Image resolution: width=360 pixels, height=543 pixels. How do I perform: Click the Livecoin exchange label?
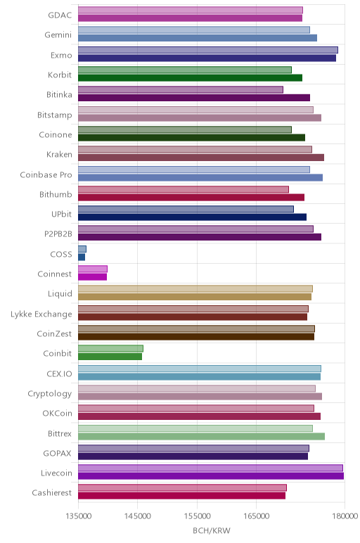click(x=56, y=473)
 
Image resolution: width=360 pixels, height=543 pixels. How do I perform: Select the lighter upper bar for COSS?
click(x=82, y=249)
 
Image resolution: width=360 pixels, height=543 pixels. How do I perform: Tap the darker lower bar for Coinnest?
click(x=92, y=276)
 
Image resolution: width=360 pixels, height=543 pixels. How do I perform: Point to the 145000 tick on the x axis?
click(x=137, y=516)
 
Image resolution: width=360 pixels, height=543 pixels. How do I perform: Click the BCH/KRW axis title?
click(x=211, y=530)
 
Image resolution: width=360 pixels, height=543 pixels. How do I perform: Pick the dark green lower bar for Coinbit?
click(x=110, y=357)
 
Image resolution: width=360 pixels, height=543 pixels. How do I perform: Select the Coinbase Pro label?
click(x=46, y=174)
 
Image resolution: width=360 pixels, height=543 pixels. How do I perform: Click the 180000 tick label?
click(x=345, y=516)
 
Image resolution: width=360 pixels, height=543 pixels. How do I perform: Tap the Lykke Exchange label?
click(x=41, y=314)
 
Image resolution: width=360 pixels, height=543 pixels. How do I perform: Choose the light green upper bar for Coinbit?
click(x=111, y=348)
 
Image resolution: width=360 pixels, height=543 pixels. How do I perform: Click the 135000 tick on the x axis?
click(x=78, y=516)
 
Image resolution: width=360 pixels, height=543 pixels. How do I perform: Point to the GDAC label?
click(x=60, y=15)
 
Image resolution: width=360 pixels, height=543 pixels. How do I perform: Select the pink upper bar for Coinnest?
click(x=93, y=269)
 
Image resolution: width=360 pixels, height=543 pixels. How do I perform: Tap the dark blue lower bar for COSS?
click(x=82, y=257)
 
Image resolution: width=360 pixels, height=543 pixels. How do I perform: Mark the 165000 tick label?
click(x=257, y=516)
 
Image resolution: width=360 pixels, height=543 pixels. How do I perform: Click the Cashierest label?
click(x=52, y=493)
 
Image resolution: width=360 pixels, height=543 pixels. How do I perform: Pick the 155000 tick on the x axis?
click(x=198, y=516)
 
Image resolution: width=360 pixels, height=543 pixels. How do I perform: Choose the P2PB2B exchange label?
click(x=58, y=234)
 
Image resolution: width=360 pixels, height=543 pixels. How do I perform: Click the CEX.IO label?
click(x=59, y=374)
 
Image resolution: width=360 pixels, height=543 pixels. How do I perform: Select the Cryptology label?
click(x=50, y=394)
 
